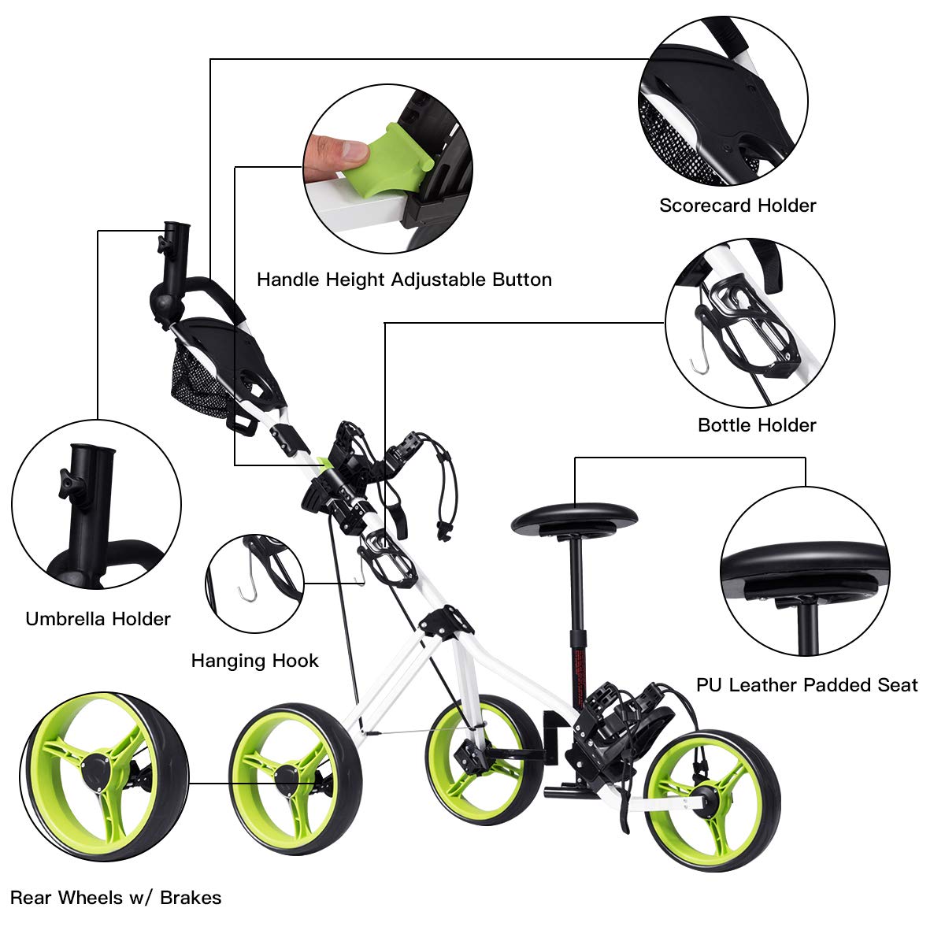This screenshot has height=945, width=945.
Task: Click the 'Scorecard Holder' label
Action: (737, 206)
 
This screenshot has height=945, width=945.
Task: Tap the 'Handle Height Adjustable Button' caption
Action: (404, 280)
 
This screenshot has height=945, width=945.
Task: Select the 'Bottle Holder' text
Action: (757, 425)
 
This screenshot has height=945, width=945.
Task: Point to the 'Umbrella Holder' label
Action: (98, 619)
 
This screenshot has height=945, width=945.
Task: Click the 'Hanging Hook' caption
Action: (254, 661)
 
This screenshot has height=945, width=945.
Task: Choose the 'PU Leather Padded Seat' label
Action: (806, 685)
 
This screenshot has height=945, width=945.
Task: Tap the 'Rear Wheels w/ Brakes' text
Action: (116, 898)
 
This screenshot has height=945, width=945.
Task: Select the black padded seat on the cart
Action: (574, 519)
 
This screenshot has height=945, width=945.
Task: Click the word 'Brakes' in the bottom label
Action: (191, 898)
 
